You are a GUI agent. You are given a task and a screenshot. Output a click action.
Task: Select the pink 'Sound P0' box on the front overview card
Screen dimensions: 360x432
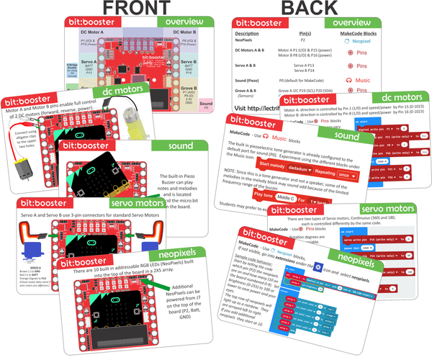pos(206,106)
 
